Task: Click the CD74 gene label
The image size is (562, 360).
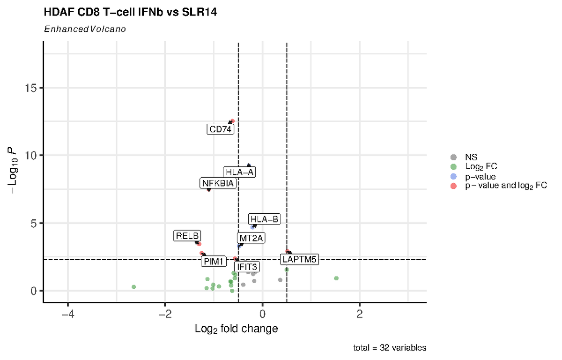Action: pyautogui.click(x=220, y=129)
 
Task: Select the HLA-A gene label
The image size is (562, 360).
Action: pyautogui.click(x=239, y=172)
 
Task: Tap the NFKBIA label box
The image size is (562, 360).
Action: pyautogui.click(x=217, y=183)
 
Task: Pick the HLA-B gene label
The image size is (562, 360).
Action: pyautogui.click(x=265, y=219)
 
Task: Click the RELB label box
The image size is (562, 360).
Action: pyautogui.click(x=187, y=236)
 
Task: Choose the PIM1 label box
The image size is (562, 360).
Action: pyautogui.click(x=214, y=261)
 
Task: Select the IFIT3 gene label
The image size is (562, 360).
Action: pyautogui.click(x=247, y=267)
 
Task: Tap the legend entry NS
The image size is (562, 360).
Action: pyautogui.click(x=471, y=157)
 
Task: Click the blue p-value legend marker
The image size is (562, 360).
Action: pyautogui.click(x=453, y=176)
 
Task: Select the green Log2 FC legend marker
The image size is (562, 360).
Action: pyautogui.click(x=453, y=166)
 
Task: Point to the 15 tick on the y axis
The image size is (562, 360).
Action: pyautogui.click(x=31, y=88)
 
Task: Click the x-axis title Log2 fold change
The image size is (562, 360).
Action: pyautogui.click(x=236, y=329)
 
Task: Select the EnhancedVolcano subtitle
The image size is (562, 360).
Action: pyautogui.click(x=85, y=29)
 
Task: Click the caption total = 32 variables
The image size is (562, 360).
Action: pyautogui.click(x=390, y=348)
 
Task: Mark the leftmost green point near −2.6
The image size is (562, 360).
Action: pyautogui.click(x=134, y=286)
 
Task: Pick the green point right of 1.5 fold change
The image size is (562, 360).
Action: pyautogui.click(x=336, y=278)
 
